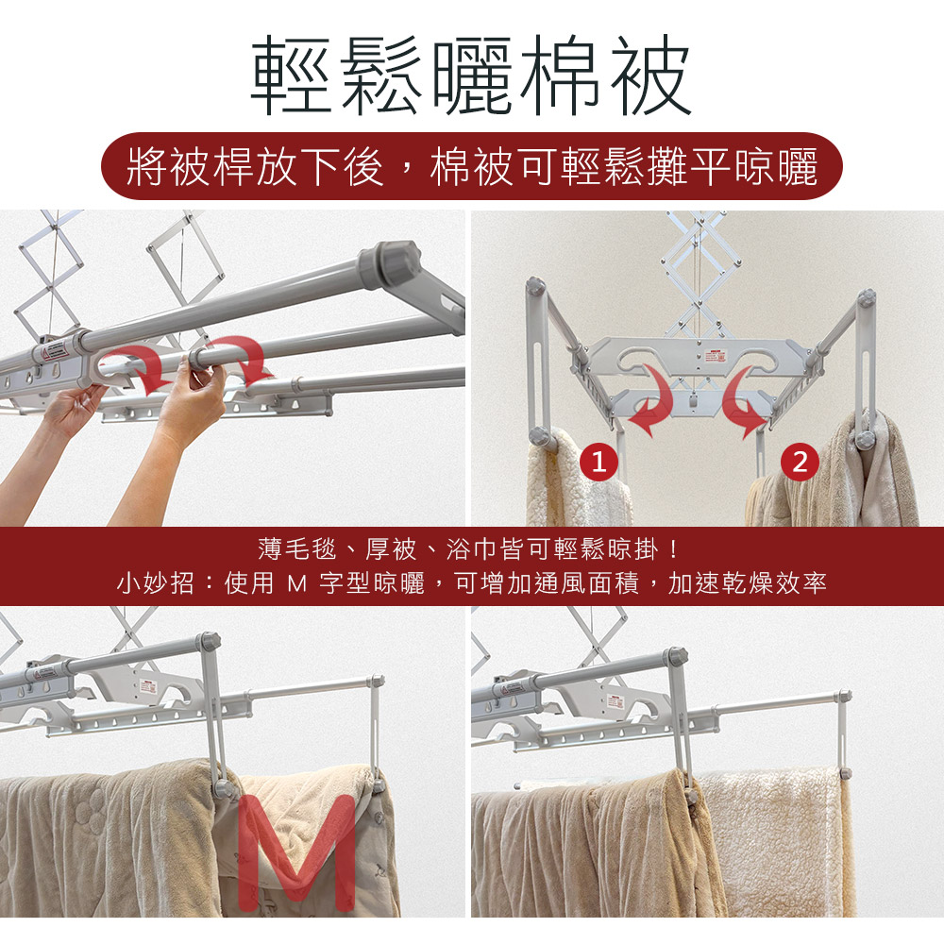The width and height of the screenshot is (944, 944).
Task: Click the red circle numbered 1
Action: coord(598,463)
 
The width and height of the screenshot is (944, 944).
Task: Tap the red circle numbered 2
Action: coord(800,463)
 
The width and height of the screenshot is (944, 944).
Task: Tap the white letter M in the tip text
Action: coord(296,582)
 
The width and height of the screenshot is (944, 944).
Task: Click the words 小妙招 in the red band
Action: coord(155,582)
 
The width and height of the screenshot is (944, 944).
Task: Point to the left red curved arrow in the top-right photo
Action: coord(652,398)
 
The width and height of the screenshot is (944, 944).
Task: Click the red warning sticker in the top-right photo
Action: coord(716,355)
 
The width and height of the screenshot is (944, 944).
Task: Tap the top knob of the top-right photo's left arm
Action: coord(535,287)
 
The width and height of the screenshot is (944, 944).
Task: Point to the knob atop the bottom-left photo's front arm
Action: coord(211,641)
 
